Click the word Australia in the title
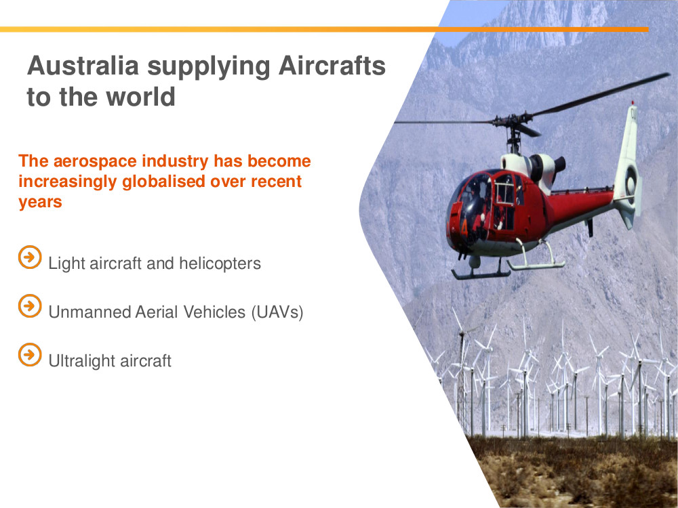click(83, 66)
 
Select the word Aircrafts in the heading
click(332, 66)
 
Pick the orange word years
click(40, 202)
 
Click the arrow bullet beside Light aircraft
click(30, 257)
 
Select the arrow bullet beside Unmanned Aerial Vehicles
click(30, 306)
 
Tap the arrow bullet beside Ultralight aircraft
click(30, 355)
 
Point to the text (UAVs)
click(277, 312)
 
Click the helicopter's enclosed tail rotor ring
click(631, 184)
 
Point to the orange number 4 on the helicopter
click(464, 228)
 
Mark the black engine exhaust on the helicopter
click(559, 164)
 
